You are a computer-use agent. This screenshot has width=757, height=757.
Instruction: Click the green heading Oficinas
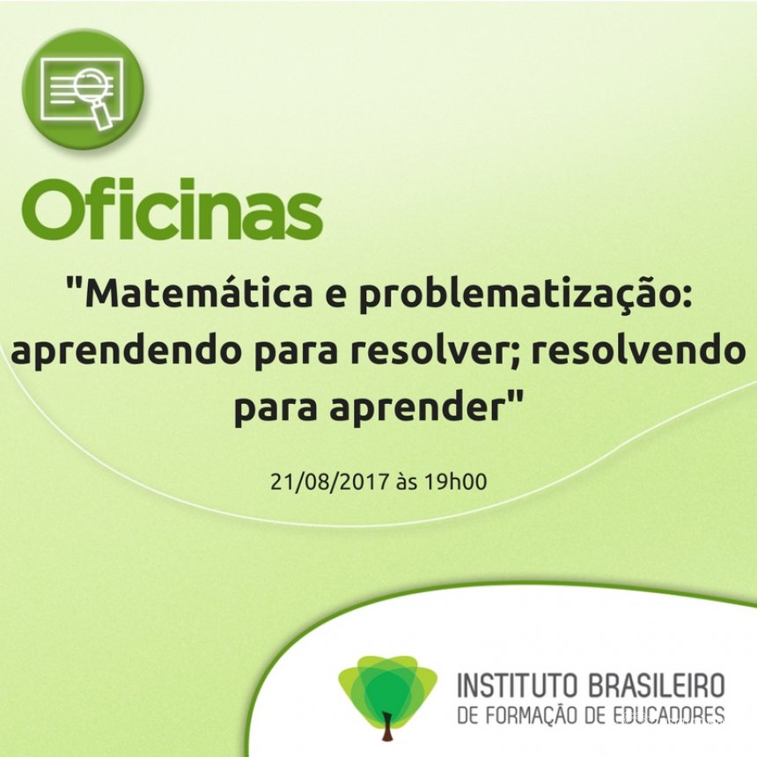point(172,209)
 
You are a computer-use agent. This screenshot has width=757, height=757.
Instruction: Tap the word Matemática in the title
point(198,294)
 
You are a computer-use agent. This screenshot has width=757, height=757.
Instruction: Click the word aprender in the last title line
point(419,408)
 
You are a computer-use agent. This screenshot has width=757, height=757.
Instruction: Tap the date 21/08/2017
point(329,481)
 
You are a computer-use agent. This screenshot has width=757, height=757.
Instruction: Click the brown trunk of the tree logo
point(386,726)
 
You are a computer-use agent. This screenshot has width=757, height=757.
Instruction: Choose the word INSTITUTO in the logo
point(517,685)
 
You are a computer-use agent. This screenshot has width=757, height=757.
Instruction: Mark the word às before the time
point(406,481)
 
